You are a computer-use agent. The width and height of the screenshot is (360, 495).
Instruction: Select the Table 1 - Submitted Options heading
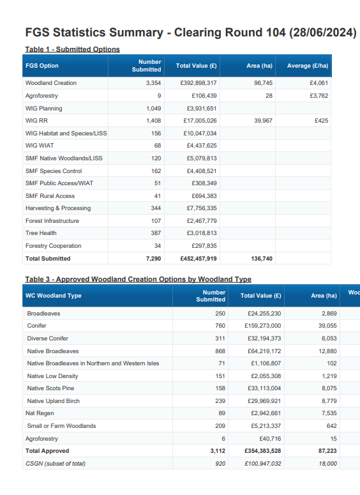(x=73, y=49)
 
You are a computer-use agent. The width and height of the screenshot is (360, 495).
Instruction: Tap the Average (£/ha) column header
(x=308, y=66)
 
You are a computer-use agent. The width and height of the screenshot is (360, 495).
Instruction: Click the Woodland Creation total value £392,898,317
(x=199, y=83)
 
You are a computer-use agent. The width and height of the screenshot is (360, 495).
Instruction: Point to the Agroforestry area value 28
(x=269, y=96)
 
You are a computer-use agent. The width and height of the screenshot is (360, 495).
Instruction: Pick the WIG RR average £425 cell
(x=322, y=121)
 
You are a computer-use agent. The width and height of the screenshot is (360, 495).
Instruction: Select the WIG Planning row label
(x=44, y=109)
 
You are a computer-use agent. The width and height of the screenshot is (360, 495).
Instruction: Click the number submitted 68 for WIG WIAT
(x=158, y=146)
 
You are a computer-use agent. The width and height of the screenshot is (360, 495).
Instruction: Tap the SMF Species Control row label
(x=54, y=171)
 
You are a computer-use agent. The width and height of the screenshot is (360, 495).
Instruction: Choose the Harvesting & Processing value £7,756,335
(x=202, y=208)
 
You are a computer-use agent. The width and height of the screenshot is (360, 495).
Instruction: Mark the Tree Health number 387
(x=156, y=233)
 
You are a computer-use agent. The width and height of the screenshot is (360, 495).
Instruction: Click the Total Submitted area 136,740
(x=262, y=259)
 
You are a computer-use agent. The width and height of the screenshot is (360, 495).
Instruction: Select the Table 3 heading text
(x=139, y=279)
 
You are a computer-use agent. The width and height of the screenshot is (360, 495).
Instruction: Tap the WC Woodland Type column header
(x=54, y=296)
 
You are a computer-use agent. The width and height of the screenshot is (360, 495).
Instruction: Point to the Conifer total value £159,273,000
(x=263, y=326)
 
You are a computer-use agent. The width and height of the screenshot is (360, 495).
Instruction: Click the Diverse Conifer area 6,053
(x=329, y=338)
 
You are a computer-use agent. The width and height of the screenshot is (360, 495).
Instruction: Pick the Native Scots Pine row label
(x=50, y=388)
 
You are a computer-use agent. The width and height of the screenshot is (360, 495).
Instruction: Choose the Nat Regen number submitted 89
(x=221, y=413)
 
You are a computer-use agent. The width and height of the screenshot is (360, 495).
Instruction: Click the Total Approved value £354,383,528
(x=263, y=451)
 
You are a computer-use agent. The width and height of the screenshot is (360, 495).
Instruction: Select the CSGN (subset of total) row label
(x=56, y=464)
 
